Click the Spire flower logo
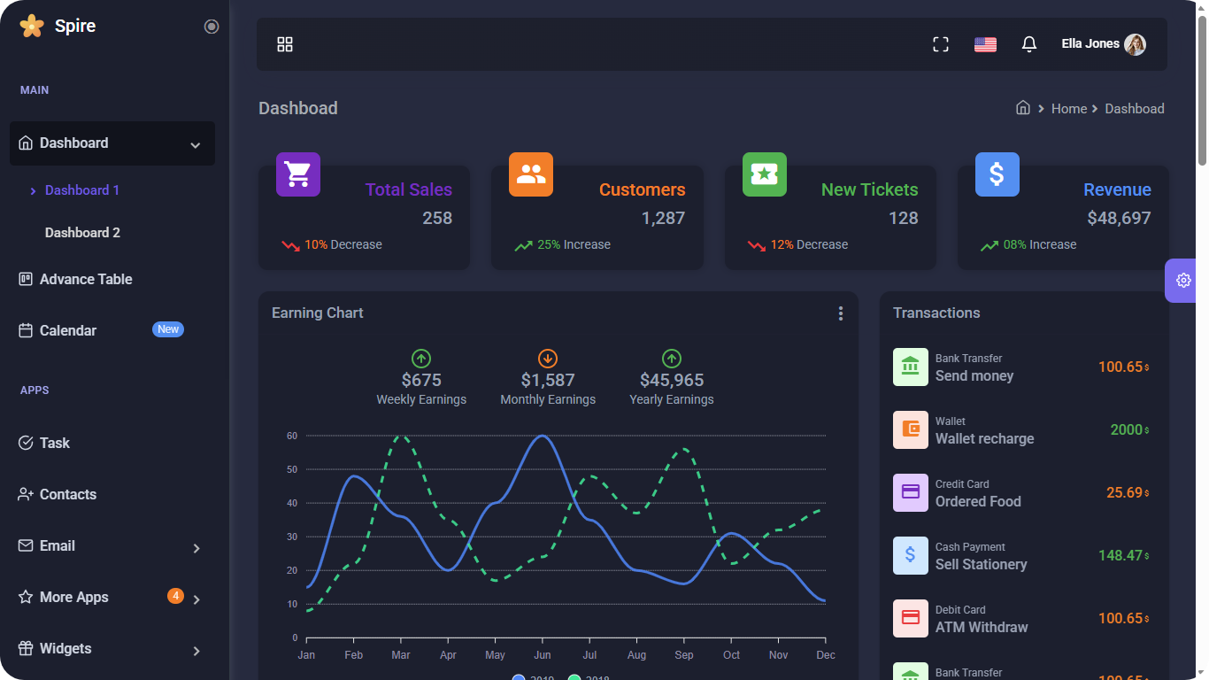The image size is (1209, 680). (x=31, y=26)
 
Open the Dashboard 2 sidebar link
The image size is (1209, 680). (x=82, y=233)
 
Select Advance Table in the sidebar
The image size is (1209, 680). (x=86, y=280)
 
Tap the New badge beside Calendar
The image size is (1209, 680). (x=168, y=329)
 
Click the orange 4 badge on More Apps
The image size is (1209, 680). (x=175, y=596)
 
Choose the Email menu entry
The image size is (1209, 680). (x=58, y=546)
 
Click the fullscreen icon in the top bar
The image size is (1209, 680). (x=941, y=44)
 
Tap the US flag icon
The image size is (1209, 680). (x=985, y=44)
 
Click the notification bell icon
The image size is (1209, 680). (x=1028, y=44)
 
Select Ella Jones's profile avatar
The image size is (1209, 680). (x=1135, y=44)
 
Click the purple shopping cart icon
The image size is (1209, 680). (x=298, y=174)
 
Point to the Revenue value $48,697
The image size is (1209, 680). (x=1119, y=218)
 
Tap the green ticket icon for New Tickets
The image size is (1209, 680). (x=764, y=174)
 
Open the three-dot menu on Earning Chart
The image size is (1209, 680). (x=840, y=313)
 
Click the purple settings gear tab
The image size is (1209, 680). (x=1183, y=281)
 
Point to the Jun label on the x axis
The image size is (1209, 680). (x=543, y=655)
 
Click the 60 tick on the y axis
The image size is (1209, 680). (x=292, y=436)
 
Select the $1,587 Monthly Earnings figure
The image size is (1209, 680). (x=548, y=380)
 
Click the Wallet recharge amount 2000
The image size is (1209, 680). (x=1127, y=429)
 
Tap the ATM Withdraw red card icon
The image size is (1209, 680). (x=911, y=618)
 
